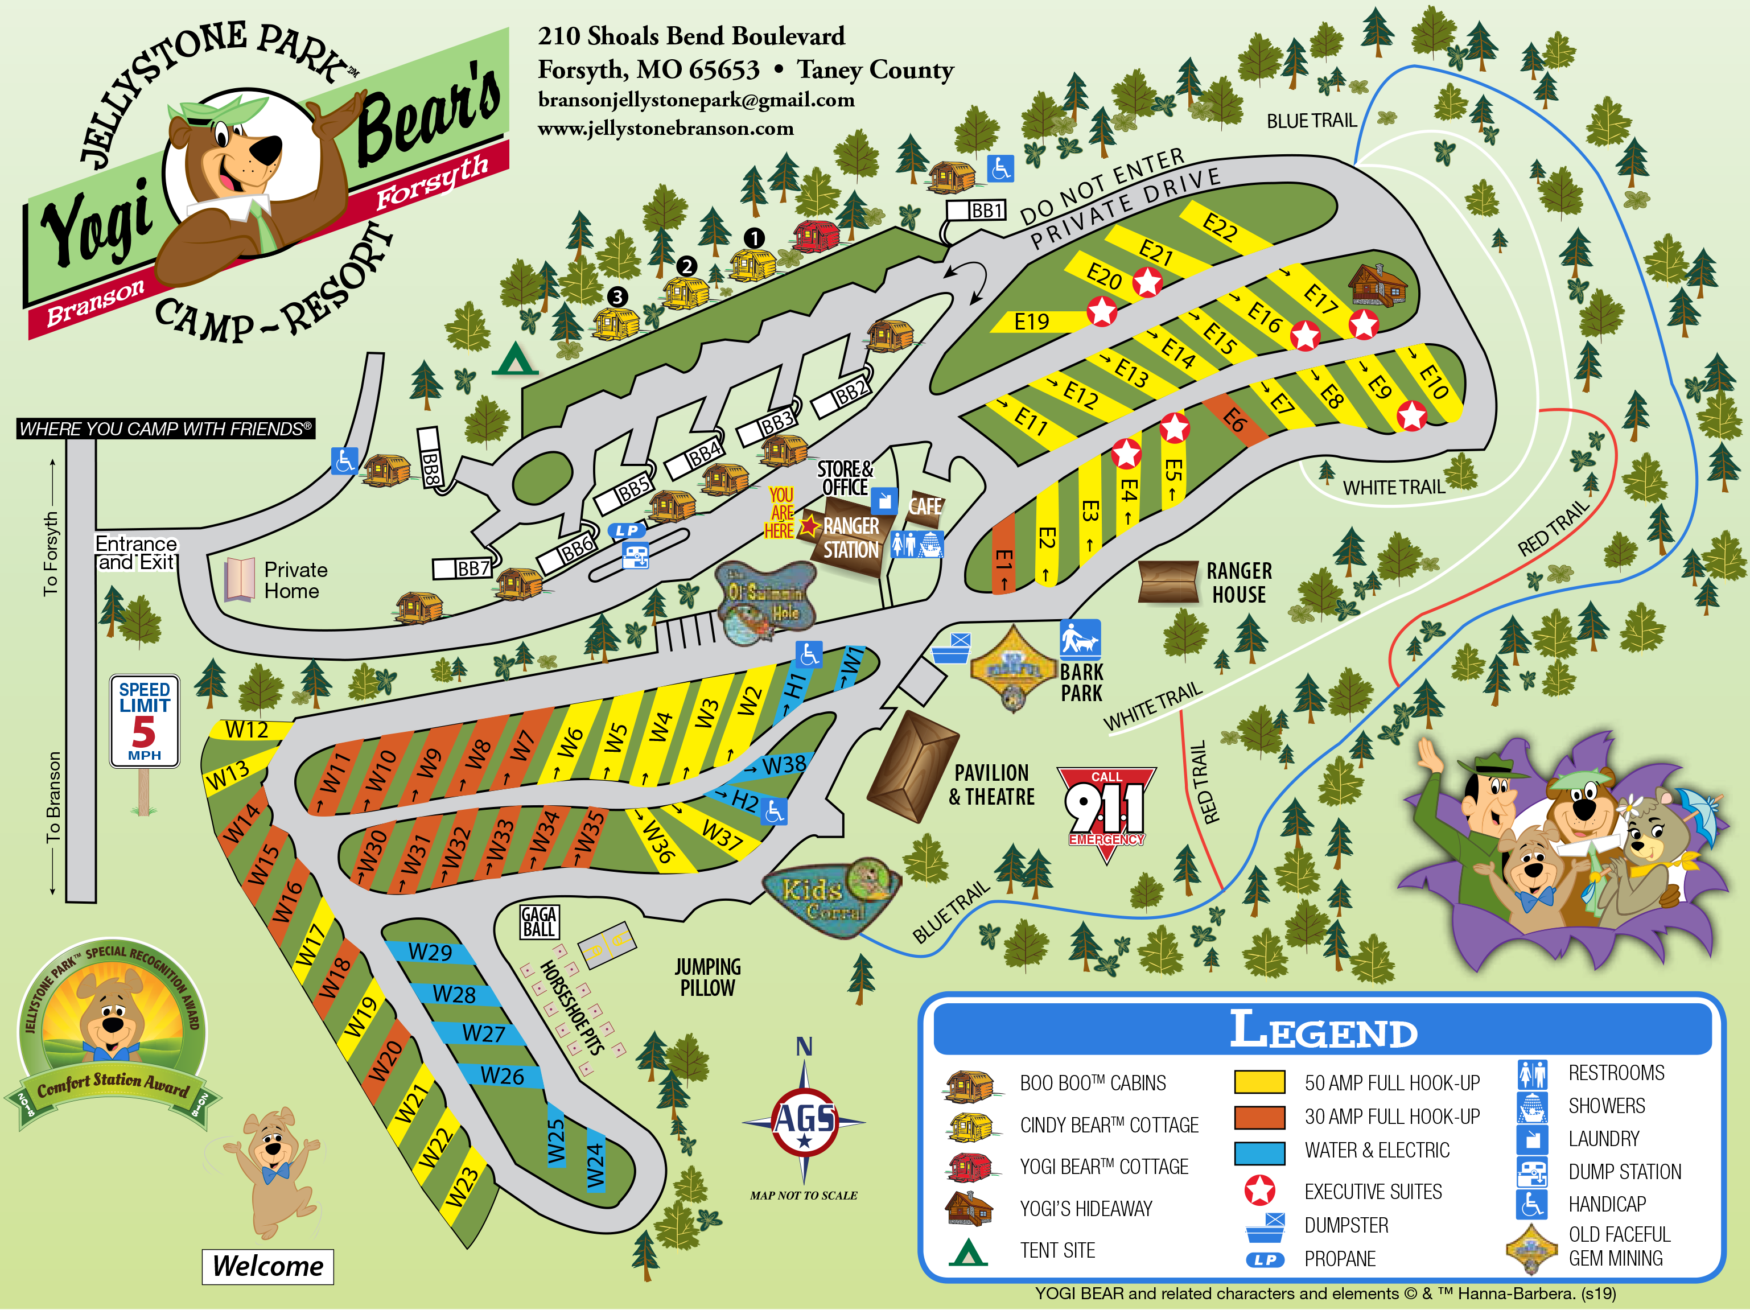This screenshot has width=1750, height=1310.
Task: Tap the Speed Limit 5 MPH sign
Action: (144, 720)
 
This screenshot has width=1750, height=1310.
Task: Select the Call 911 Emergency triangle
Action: (1106, 811)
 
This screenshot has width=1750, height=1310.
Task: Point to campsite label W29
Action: (430, 951)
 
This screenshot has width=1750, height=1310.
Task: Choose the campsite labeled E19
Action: (1032, 321)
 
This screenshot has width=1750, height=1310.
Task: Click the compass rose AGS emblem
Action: (804, 1122)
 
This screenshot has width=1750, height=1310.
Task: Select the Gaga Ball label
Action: (540, 921)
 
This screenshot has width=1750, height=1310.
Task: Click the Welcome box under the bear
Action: (267, 1266)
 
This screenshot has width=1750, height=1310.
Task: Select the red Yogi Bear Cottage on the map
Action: (816, 236)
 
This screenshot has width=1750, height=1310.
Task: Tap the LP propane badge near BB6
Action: (627, 531)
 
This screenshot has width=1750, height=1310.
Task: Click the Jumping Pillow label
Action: (707, 977)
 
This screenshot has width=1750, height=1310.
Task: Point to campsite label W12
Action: (247, 730)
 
